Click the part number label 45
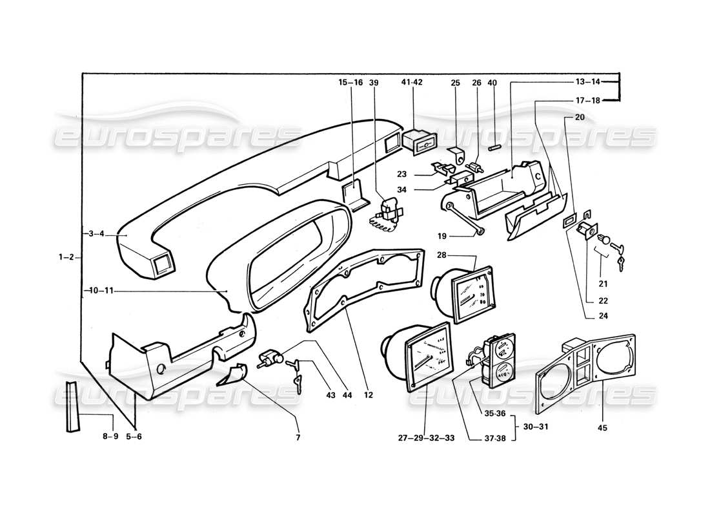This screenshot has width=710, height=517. tap(603, 427)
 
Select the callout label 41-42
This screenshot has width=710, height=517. tap(411, 82)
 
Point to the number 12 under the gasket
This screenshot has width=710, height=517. tap(369, 394)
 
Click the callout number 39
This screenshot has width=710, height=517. tap(374, 82)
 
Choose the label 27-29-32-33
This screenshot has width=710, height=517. tap(426, 438)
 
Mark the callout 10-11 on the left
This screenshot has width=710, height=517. tap(98, 291)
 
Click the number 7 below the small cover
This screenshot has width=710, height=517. tap(298, 438)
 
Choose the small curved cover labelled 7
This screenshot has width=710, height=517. tap(232, 375)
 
